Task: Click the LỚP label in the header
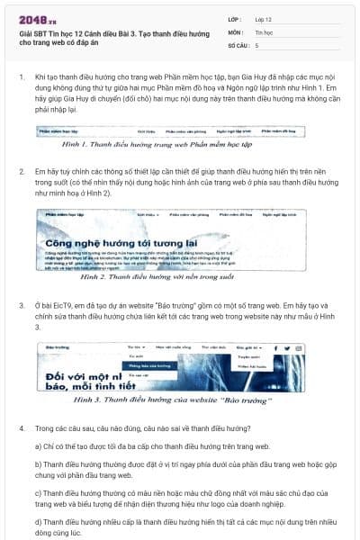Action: (x=235, y=17)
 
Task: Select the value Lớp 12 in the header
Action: (x=265, y=17)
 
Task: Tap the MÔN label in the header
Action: (x=236, y=31)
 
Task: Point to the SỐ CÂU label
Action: (x=238, y=44)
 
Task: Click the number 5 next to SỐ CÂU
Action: (x=257, y=44)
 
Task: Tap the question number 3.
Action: (x=21, y=305)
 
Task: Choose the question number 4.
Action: (x=21, y=427)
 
